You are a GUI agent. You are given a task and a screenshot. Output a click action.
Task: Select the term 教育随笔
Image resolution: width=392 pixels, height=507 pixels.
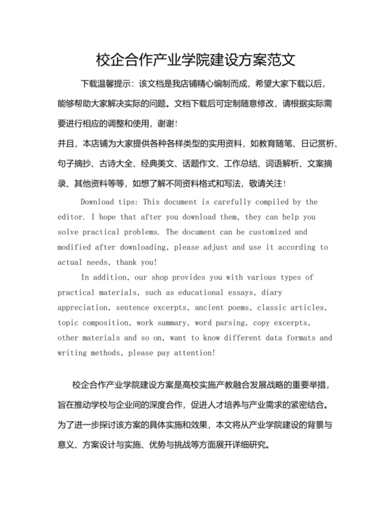point(274,144)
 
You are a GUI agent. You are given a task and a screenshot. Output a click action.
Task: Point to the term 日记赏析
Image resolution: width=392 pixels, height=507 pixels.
point(319,144)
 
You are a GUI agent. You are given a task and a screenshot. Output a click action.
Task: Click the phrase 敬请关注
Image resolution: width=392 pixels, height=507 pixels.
point(278,183)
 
